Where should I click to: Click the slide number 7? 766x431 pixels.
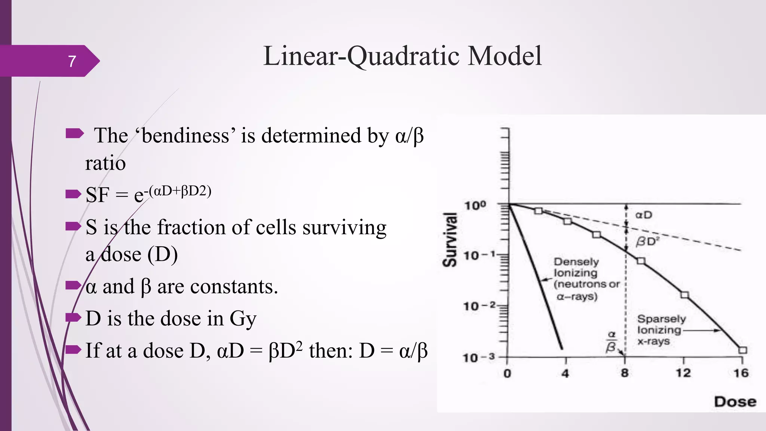point(72,61)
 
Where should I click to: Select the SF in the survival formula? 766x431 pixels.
point(98,195)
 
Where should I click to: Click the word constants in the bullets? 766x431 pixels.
point(234,287)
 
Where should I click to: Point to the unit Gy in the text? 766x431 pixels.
point(243,319)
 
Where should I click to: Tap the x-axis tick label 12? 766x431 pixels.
point(683,373)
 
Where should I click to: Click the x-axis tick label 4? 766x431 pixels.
point(565,373)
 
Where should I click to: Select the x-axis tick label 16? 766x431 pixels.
point(741,373)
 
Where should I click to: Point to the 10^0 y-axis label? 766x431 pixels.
point(475,205)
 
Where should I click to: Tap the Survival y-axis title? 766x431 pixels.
point(450,239)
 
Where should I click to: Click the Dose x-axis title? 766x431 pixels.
point(735,402)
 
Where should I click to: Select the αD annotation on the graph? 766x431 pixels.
point(644,215)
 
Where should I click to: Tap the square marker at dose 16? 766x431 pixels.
point(743,350)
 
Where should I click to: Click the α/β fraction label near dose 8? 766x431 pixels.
point(611,341)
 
